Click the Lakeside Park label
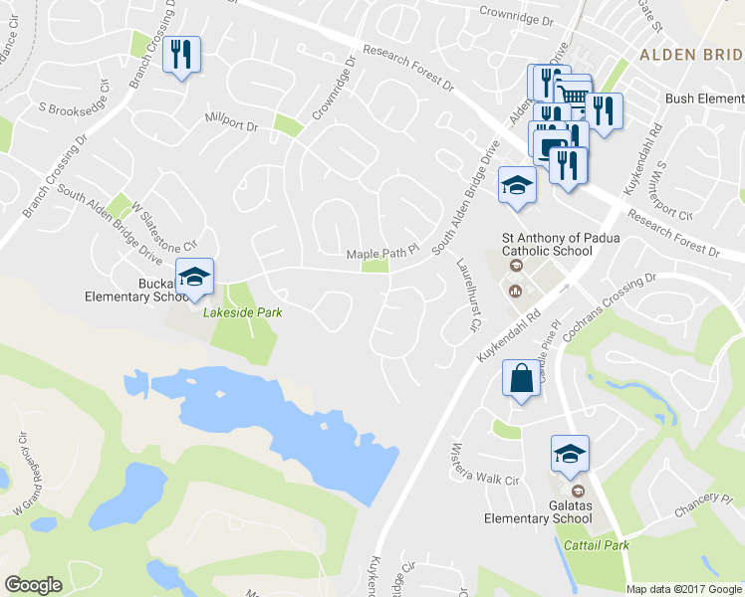tap(243, 312)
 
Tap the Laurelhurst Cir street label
tap(466, 294)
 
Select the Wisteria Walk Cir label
tap(487, 465)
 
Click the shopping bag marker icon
tap(522, 379)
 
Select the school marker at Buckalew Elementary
tap(195, 276)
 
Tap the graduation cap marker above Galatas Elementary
tap(570, 454)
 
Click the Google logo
tap(34, 585)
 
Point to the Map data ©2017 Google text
tap(684, 589)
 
